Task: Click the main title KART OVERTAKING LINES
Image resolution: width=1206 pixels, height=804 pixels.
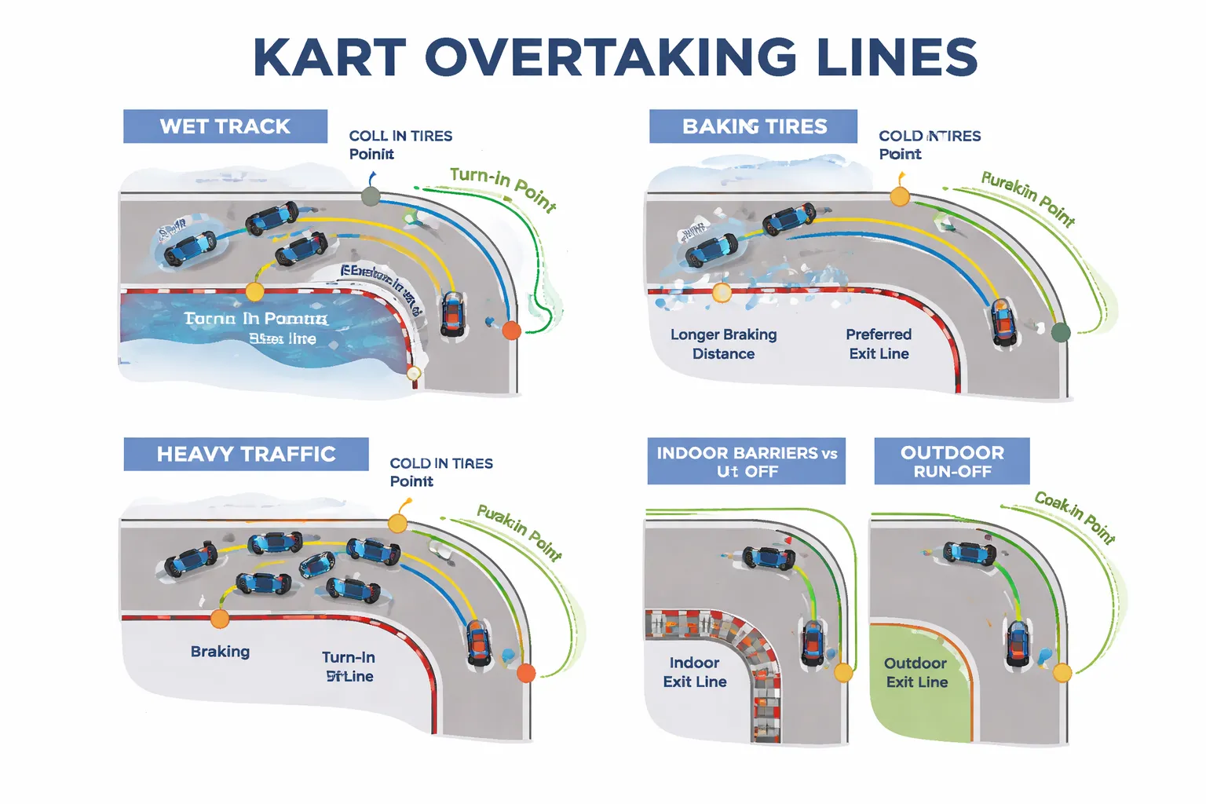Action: (615, 57)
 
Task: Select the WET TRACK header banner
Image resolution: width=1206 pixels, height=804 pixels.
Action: (225, 126)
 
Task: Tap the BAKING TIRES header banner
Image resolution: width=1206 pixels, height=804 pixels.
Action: (754, 126)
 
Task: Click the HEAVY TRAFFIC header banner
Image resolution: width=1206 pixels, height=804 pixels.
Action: (246, 454)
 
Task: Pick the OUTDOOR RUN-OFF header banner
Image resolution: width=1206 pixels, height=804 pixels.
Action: (952, 461)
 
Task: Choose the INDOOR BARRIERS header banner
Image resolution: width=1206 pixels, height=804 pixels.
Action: (747, 461)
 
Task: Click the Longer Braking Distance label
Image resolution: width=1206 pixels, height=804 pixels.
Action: (723, 344)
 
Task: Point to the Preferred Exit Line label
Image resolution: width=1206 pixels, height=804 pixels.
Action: (879, 344)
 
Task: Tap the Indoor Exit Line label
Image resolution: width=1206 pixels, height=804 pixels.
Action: (695, 672)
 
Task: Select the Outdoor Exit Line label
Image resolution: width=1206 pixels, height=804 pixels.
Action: (916, 672)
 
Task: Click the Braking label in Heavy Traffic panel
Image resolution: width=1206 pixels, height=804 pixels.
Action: (220, 652)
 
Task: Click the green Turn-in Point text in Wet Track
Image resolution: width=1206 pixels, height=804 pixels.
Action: (503, 188)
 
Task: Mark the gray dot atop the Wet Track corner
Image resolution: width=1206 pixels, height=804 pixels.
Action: (371, 196)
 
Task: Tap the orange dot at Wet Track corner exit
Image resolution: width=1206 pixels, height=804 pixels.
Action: (511, 331)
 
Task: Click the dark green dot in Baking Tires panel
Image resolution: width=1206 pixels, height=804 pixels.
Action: (1061, 332)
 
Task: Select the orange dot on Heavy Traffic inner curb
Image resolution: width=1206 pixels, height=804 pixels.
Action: (220, 619)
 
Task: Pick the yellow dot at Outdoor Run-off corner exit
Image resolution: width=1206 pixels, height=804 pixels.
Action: (1062, 673)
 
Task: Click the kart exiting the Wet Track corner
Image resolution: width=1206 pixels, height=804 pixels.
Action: (452, 314)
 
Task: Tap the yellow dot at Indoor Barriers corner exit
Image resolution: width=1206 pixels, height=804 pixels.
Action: (843, 673)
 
